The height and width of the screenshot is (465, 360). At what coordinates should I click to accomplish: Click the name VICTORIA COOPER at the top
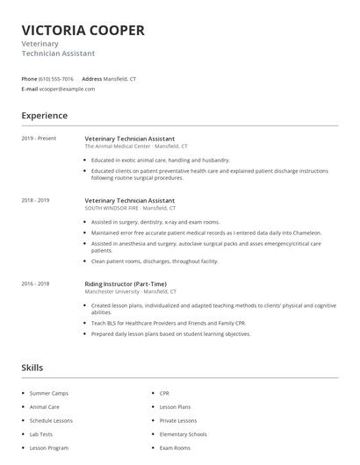[x=83, y=31]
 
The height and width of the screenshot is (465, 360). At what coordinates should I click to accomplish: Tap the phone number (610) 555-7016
[x=55, y=78]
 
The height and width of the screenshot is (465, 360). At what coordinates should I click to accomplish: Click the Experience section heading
[x=44, y=116]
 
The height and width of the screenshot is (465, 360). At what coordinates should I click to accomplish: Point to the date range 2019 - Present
[x=39, y=139]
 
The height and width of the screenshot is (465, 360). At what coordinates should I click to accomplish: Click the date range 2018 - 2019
[x=35, y=200]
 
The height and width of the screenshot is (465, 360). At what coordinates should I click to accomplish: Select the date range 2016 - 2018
[x=35, y=283]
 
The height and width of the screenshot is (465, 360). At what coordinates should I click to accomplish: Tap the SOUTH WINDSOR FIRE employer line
[x=130, y=209]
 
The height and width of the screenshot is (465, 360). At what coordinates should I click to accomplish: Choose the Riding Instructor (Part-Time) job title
[x=126, y=283]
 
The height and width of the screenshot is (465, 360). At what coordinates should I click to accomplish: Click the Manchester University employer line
[x=130, y=291]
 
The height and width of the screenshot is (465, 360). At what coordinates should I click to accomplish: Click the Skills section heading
[x=32, y=367]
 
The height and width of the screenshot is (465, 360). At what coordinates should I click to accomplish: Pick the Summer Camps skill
[x=48, y=393]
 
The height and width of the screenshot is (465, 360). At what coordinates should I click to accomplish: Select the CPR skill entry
[x=164, y=393]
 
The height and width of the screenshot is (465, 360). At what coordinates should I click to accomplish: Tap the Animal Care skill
[x=45, y=407]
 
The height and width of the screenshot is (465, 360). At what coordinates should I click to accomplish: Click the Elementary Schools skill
[x=183, y=434]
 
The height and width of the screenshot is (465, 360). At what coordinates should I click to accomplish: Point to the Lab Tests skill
[x=41, y=434]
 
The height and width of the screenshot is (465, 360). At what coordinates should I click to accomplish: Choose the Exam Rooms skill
[x=175, y=448]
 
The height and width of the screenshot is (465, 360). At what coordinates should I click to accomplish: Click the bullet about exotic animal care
[x=160, y=161]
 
